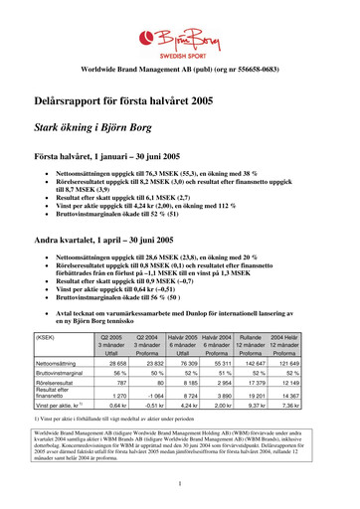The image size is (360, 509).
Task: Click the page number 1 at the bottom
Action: tap(180, 484)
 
